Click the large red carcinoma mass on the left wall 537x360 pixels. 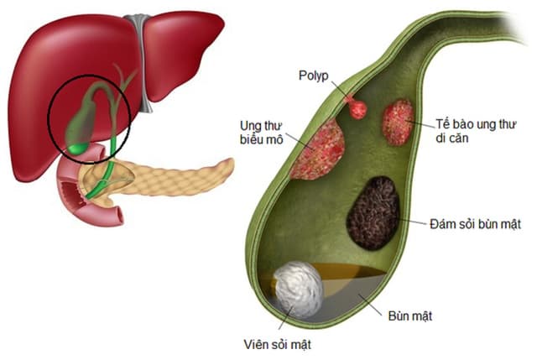click(x=318, y=149)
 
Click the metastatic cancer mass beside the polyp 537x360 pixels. click(x=398, y=122)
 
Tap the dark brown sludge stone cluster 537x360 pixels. click(x=373, y=212)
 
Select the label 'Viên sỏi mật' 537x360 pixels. click(x=268, y=343)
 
